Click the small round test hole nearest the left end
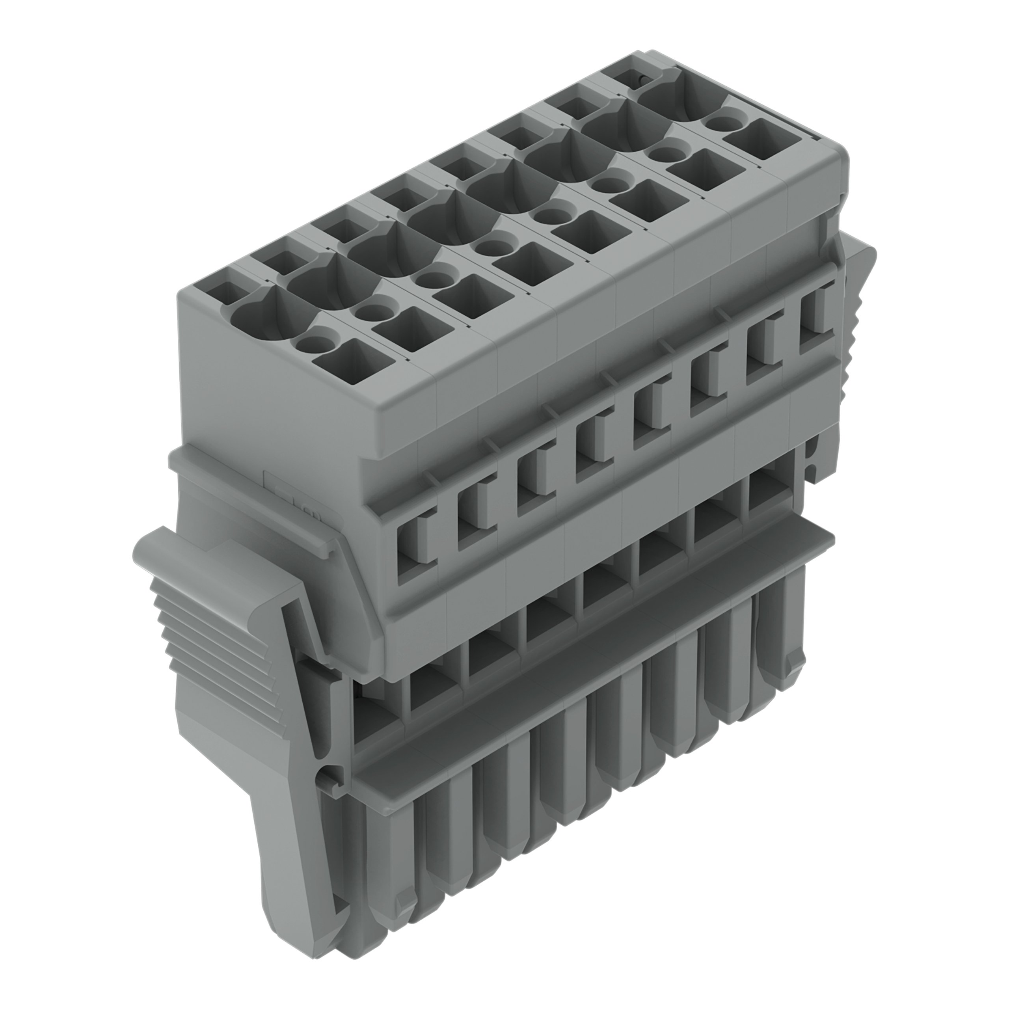pyautogui.click(x=312, y=344)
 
